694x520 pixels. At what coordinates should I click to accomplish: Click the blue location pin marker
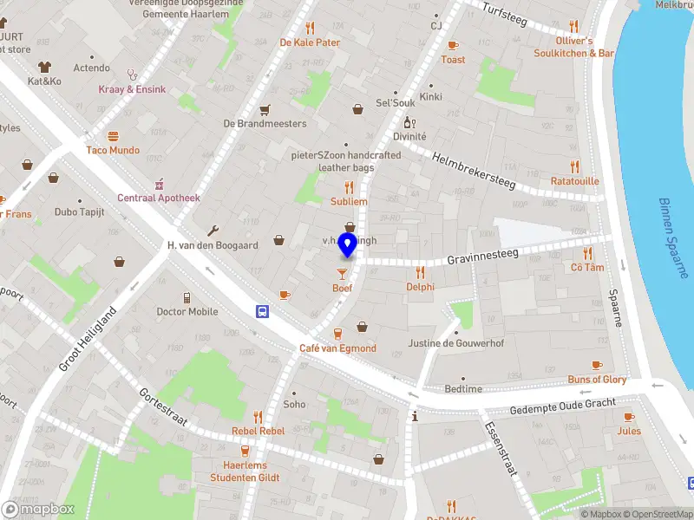347,246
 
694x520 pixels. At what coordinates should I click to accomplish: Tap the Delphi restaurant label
420,287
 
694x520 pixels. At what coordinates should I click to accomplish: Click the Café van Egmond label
337,348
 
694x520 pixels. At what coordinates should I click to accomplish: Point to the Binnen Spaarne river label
671,237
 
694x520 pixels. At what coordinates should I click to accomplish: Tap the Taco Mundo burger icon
113,136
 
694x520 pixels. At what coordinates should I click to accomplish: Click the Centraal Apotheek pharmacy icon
159,184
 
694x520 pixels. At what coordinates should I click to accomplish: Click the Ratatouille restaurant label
574,181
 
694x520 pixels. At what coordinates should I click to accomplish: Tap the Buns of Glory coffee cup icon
597,366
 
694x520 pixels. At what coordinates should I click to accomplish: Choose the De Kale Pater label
310,42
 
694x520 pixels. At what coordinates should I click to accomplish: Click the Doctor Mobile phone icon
187,297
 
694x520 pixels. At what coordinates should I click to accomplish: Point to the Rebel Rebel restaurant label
258,431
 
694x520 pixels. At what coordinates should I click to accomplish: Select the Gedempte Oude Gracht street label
562,404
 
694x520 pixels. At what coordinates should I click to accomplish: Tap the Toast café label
453,60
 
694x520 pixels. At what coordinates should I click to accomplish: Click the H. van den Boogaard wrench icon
213,231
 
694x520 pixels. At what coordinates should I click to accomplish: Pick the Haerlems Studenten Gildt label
245,471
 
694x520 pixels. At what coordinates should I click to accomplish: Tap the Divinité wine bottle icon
409,123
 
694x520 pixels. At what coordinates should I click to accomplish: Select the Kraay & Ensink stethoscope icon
132,75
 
